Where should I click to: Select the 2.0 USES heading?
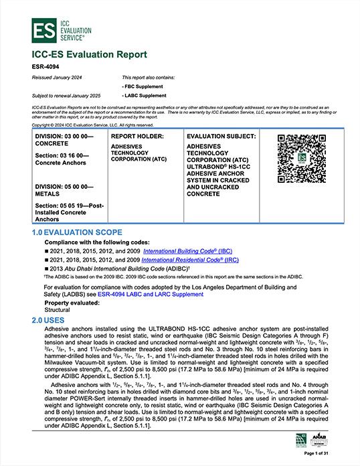tap(50, 321)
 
